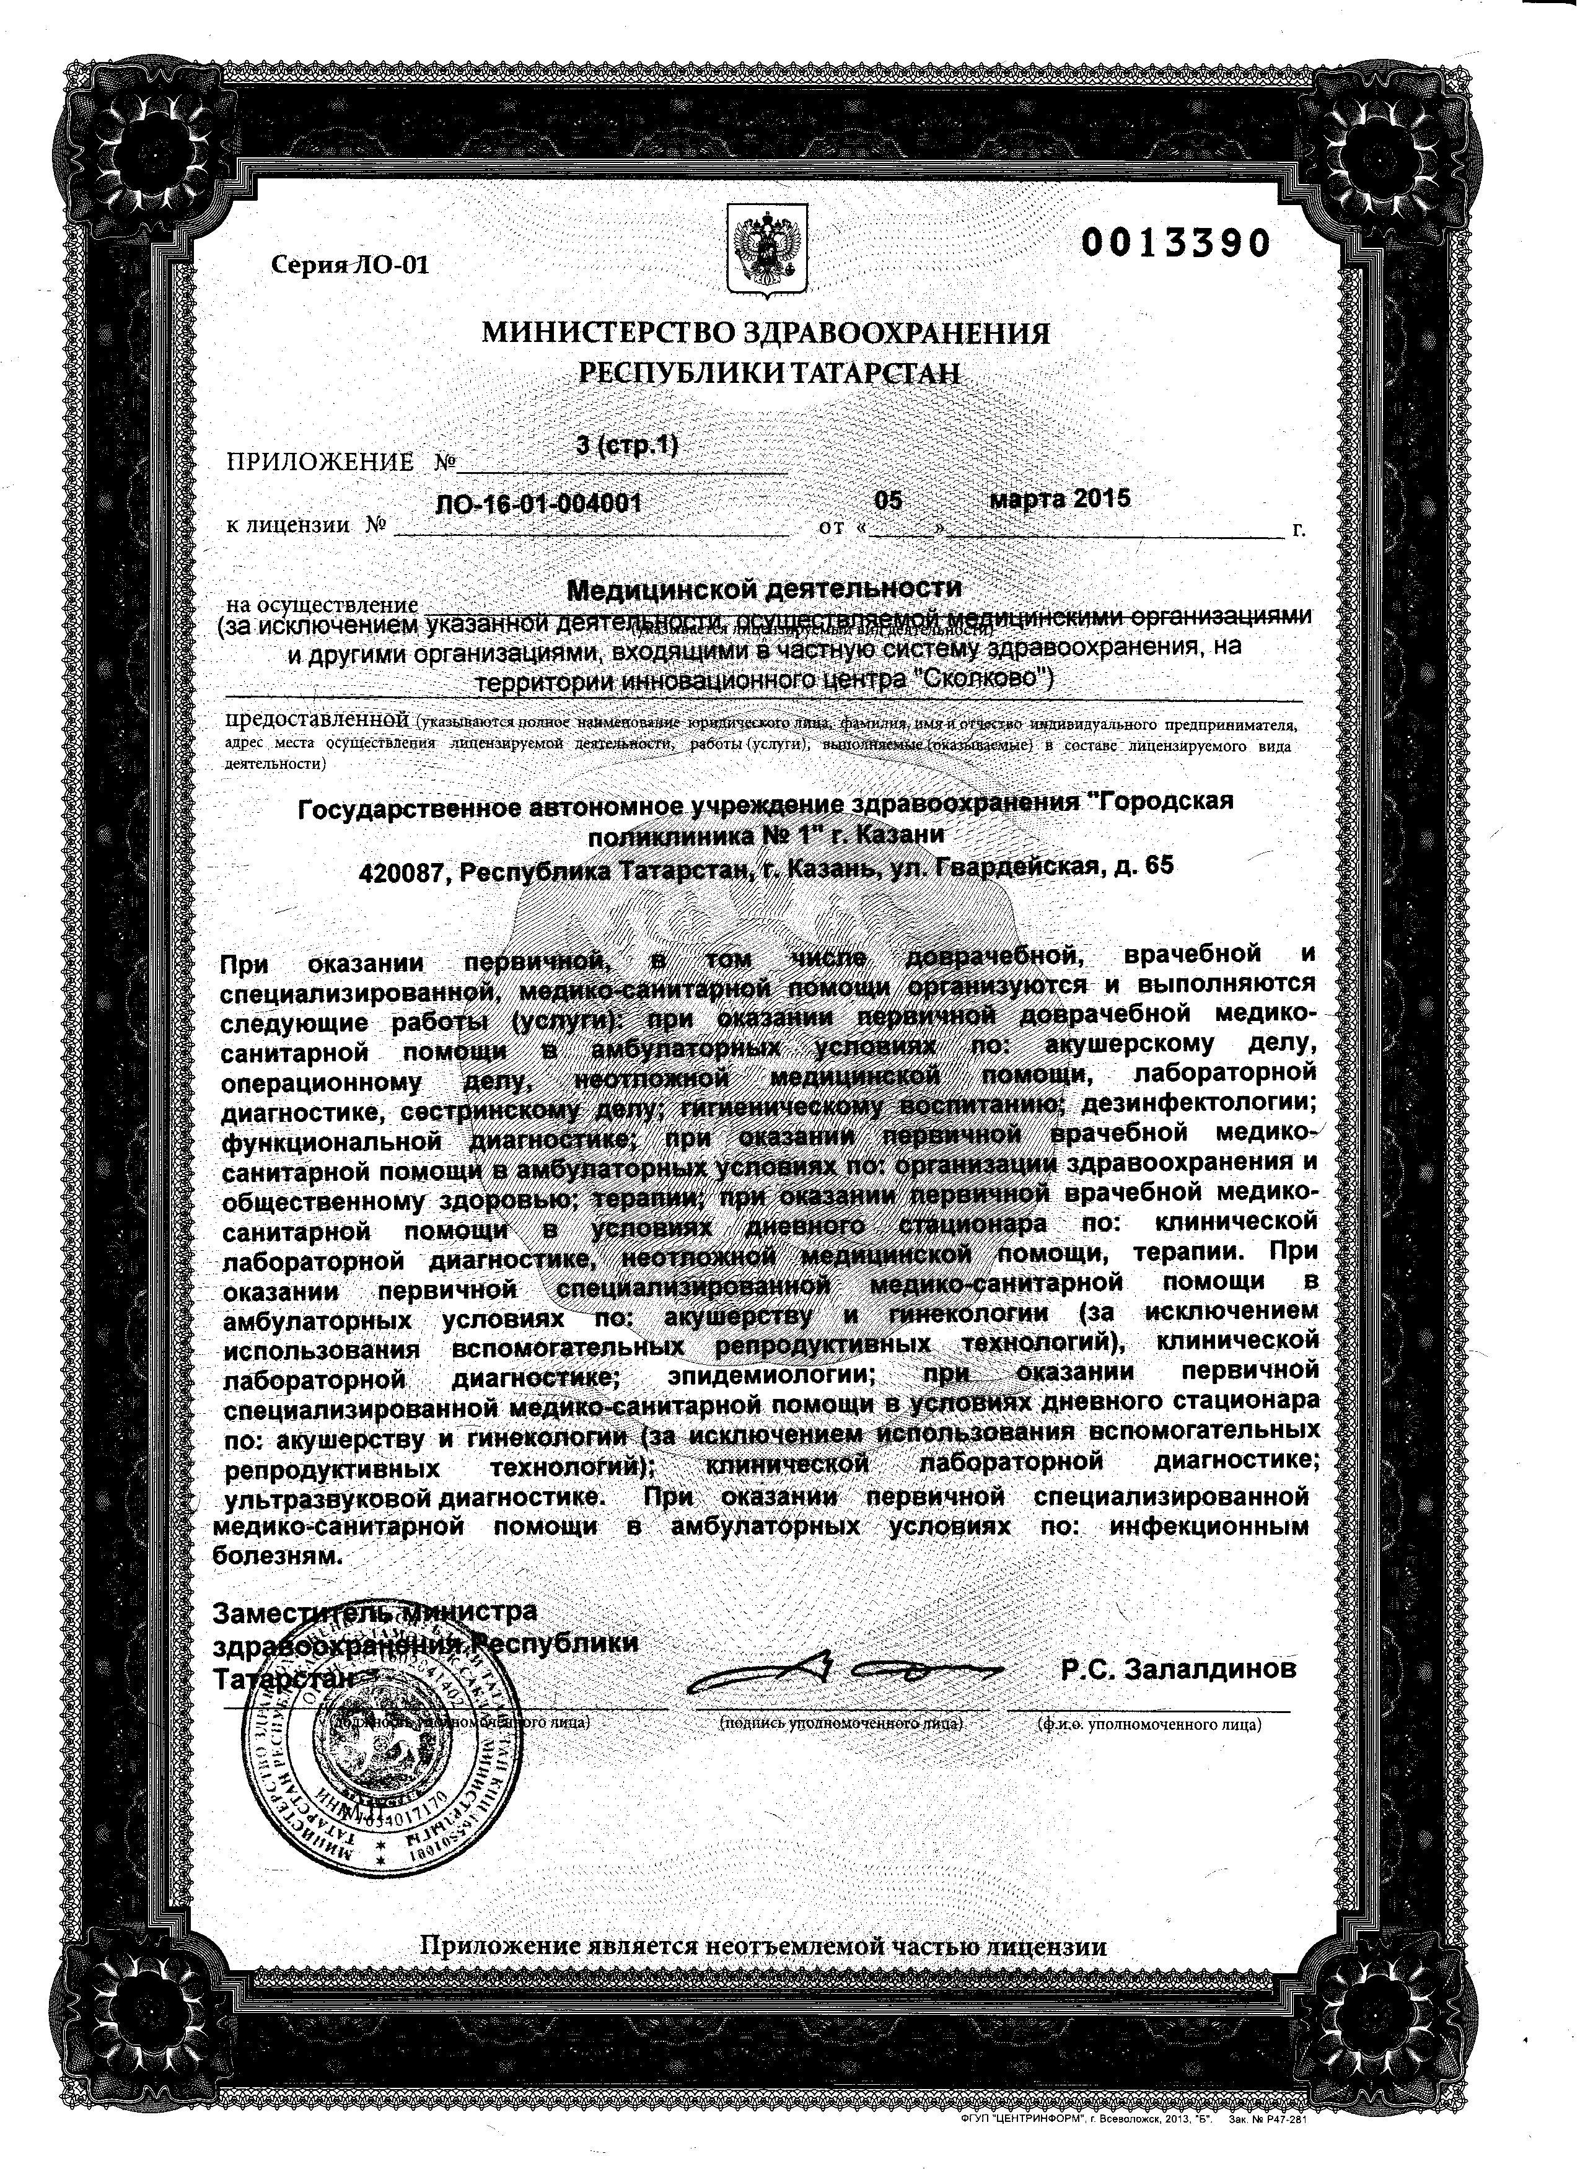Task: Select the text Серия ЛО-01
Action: pos(351,265)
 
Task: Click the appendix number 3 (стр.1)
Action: pos(628,445)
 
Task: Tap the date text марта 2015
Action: pos(1060,497)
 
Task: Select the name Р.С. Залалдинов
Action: pos(1178,1670)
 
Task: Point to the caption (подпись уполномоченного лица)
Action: pos(841,1724)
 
